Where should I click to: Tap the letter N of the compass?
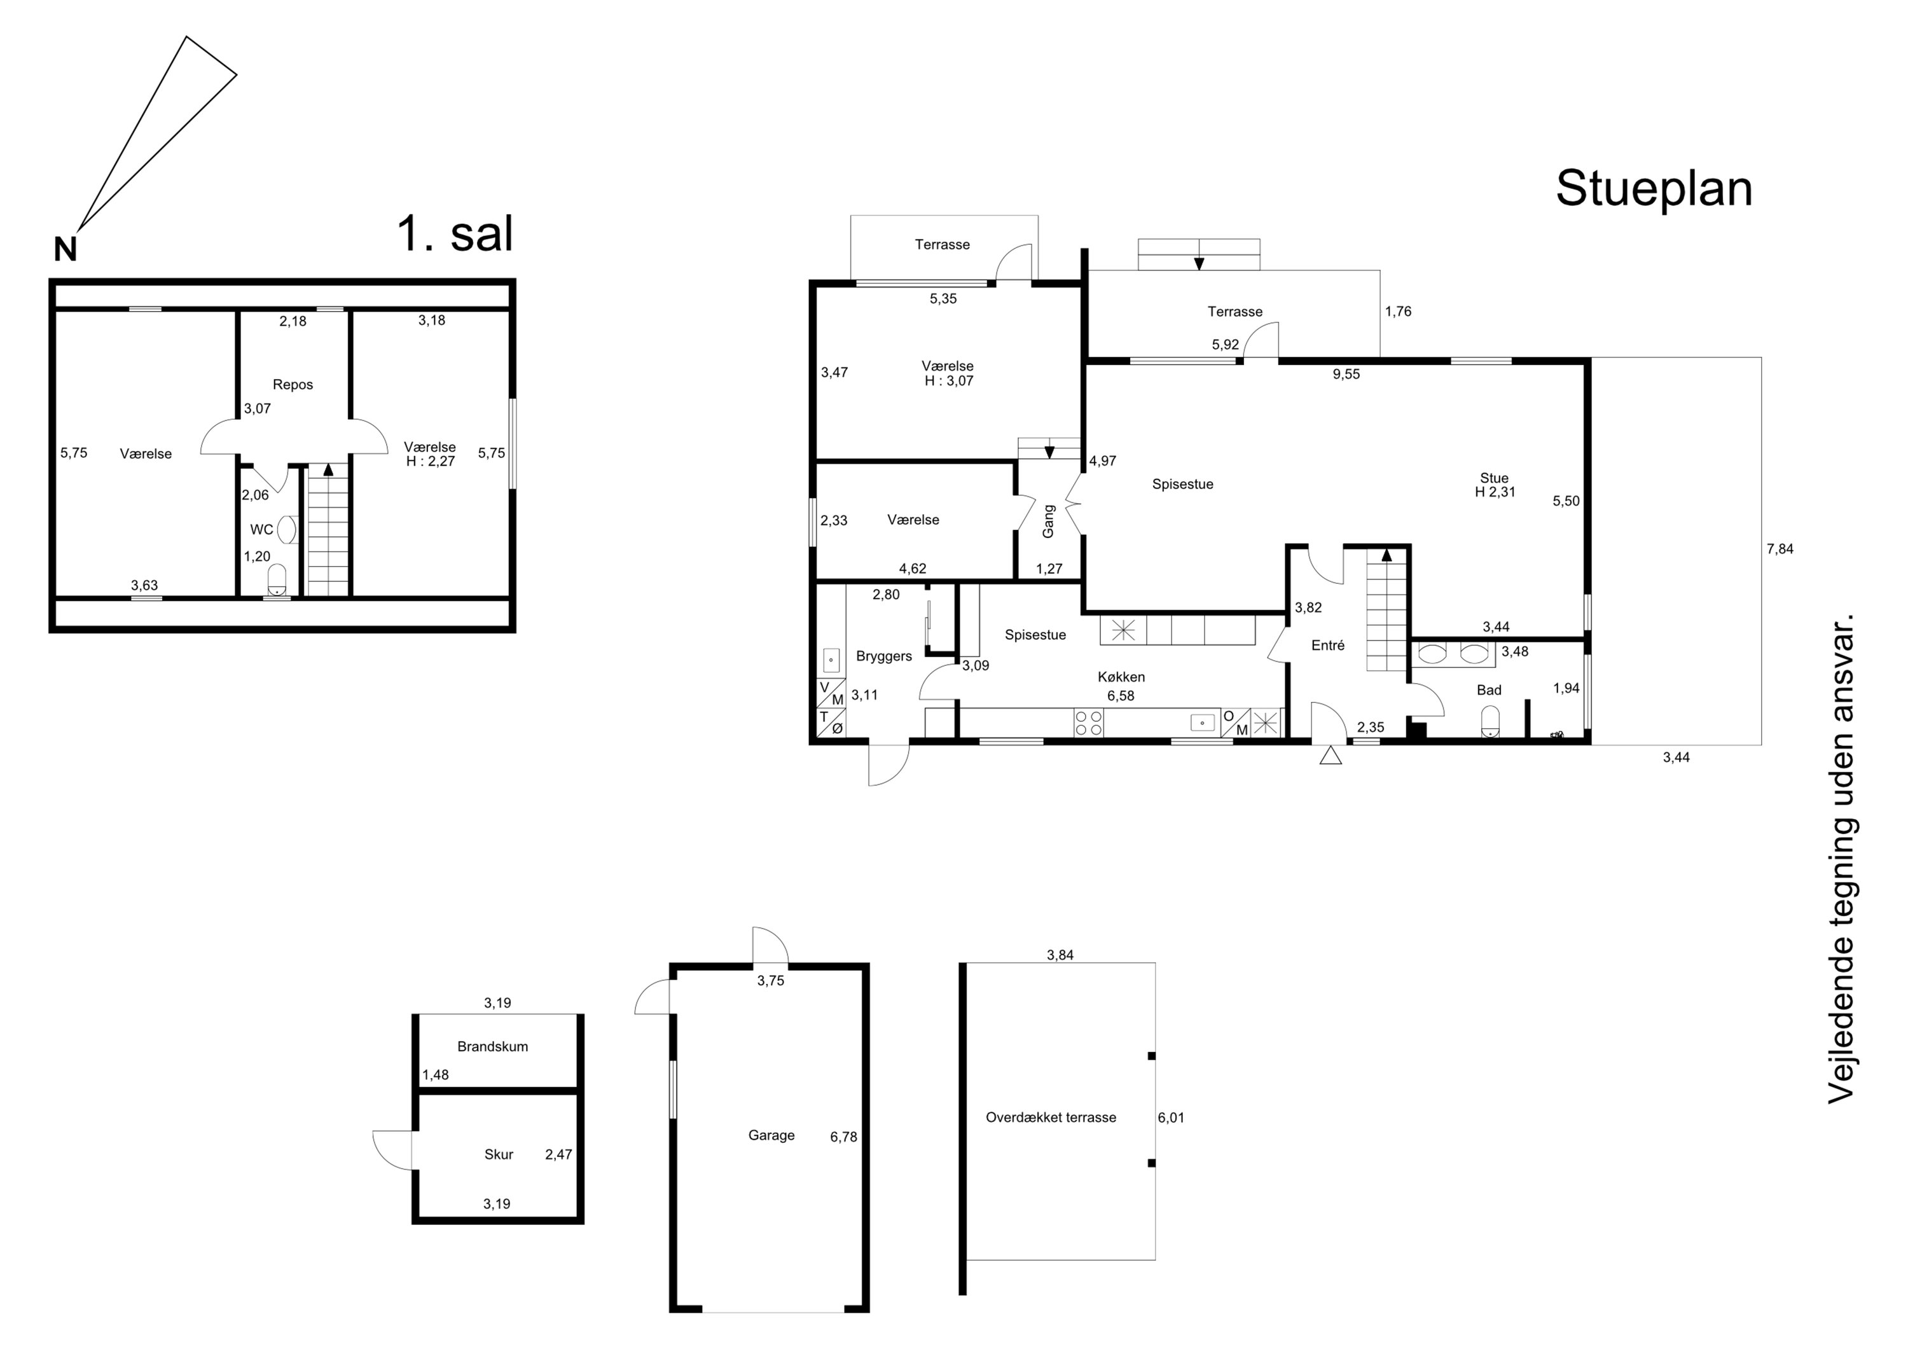(66, 249)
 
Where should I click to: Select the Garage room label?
(771, 1135)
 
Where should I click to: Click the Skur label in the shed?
(499, 1154)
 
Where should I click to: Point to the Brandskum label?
(493, 1046)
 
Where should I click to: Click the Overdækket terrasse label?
(1051, 1118)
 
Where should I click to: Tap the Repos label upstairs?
(293, 385)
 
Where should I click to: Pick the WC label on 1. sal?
(262, 529)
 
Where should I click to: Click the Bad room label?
(1489, 690)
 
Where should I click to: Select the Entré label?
(1328, 645)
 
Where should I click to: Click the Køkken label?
(1121, 677)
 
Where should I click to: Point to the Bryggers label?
(884, 656)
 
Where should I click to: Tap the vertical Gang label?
(1048, 521)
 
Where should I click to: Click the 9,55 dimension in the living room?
(1346, 374)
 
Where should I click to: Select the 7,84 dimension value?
(1780, 549)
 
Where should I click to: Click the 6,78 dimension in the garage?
(843, 1137)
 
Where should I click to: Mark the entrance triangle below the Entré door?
(1331, 755)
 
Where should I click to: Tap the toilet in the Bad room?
(1491, 723)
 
